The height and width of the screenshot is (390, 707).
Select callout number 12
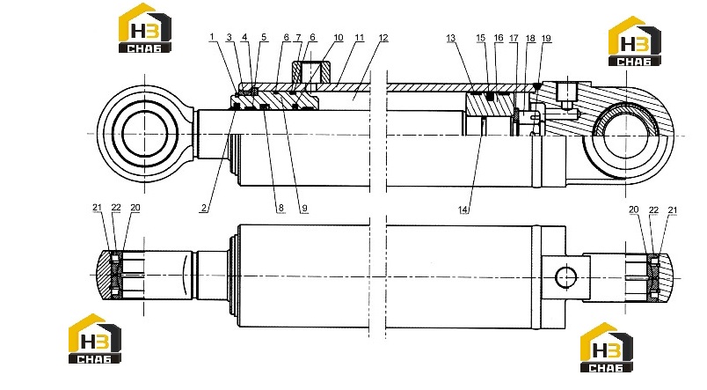tap(383, 38)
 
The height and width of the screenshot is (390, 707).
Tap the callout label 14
tap(463, 210)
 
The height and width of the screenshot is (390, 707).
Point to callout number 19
tap(546, 39)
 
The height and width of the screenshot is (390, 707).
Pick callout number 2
tap(204, 208)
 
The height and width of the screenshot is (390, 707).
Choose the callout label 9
tap(304, 208)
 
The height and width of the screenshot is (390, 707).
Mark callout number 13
tap(451, 39)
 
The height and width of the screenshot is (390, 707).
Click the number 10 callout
tap(339, 38)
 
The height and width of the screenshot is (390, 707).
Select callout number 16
tap(499, 38)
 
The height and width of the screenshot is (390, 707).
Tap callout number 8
tap(281, 208)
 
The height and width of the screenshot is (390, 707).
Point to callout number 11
tap(360, 38)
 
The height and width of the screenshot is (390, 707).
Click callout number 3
tap(229, 38)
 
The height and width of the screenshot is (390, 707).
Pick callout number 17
tap(514, 39)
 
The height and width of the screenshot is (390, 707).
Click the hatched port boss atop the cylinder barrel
tap(311, 71)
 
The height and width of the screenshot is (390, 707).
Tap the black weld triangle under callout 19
tap(536, 85)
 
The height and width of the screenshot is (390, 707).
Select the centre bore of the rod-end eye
tap(144, 134)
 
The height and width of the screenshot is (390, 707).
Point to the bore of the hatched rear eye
tap(625, 136)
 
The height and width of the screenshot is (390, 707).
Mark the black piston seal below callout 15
tap(490, 96)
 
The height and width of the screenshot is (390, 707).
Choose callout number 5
tap(264, 38)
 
